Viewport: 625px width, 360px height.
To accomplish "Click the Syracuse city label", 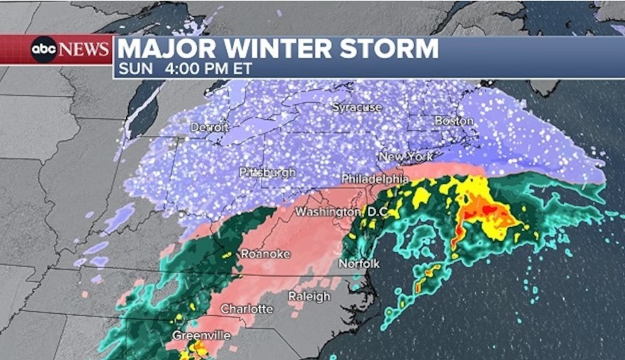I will pyautogui.click(x=357, y=108).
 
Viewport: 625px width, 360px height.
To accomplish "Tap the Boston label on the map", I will pyautogui.click(x=453, y=121).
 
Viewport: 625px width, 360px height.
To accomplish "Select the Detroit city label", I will pyautogui.click(x=209, y=127).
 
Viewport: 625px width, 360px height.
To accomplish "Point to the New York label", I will pyautogui.click(x=406, y=156).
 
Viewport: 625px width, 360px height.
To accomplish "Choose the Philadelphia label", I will pyautogui.click(x=375, y=179).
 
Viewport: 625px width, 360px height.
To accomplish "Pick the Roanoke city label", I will pyautogui.click(x=265, y=254).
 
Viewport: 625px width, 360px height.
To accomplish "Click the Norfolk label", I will pyautogui.click(x=359, y=264).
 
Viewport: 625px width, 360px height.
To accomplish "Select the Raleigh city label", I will pyautogui.click(x=309, y=296).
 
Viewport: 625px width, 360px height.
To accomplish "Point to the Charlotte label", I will pyautogui.click(x=247, y=309).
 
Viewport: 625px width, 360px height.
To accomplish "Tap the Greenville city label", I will pyautogui.click(x=201, y=335).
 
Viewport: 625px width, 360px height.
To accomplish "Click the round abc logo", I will pyautogui.click(x=43, y=50).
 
